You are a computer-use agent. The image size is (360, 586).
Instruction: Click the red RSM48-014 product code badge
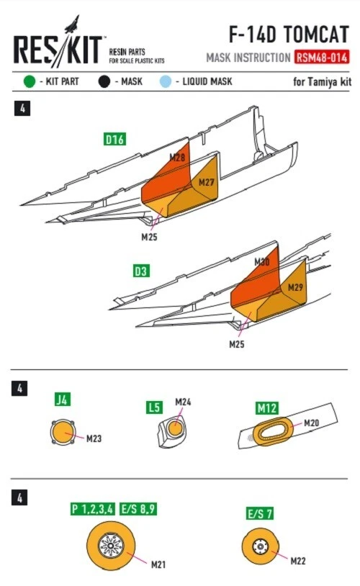click(322, 57)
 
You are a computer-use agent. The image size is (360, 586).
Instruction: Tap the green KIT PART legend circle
click(29, 81)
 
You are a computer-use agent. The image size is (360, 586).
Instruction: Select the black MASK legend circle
click(104, 81)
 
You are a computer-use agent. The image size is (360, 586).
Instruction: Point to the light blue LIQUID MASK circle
click(165, 81)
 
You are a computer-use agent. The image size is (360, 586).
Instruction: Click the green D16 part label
click(114, 140)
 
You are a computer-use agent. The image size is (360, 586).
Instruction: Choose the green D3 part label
click(141, 271)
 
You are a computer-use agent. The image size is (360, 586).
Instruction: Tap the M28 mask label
click(177, 158)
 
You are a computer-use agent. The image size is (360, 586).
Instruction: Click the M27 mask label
click(207, 182)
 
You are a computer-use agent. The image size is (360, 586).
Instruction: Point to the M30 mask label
click(262, 261)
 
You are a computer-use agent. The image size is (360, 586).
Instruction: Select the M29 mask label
click(295, 287)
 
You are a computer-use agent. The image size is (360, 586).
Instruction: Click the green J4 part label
click(63, 400)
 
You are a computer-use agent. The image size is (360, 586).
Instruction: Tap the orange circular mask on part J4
click(63, 433)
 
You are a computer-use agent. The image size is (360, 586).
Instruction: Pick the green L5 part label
click(154, 407)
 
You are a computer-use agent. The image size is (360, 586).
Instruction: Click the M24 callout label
click(183, 402)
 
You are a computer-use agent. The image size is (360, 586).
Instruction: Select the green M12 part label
click(267, 408)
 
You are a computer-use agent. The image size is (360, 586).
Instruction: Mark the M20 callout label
click(312, 423)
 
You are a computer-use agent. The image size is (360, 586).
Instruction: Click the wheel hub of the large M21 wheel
click(111, 546)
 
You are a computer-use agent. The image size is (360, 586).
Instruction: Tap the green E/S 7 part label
click(260, 513)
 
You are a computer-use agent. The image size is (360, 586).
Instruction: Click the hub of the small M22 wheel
click(260, 546)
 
